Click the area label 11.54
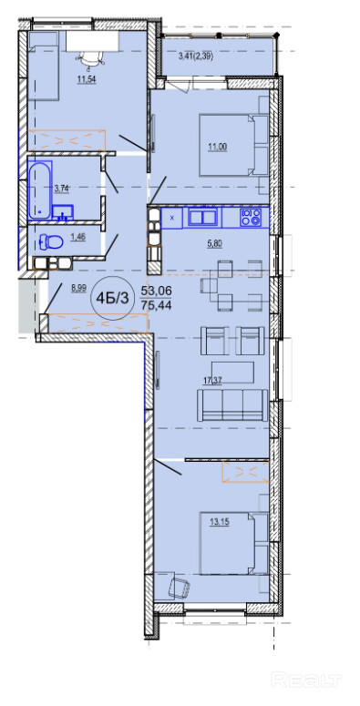[x=87, y=80]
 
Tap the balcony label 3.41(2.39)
[x=196, y=56]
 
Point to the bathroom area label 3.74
[x=61, y=189]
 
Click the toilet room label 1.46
[x=78, y=235]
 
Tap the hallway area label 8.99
[x=78, y=289]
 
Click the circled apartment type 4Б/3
[x=113, y=298]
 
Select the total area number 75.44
[x=157, y=306]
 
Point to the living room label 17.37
[x=213, y=382]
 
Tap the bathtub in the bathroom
[x=40, y=189]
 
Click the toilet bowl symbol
[x=51, y=242]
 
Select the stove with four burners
[x=252, y=217]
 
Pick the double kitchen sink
[x=202, y=217]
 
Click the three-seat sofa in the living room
[x=232, y=404]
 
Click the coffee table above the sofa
[x=232, y=373]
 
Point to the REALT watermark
[x=307, y=680]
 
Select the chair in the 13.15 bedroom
[x=180, y=588]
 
